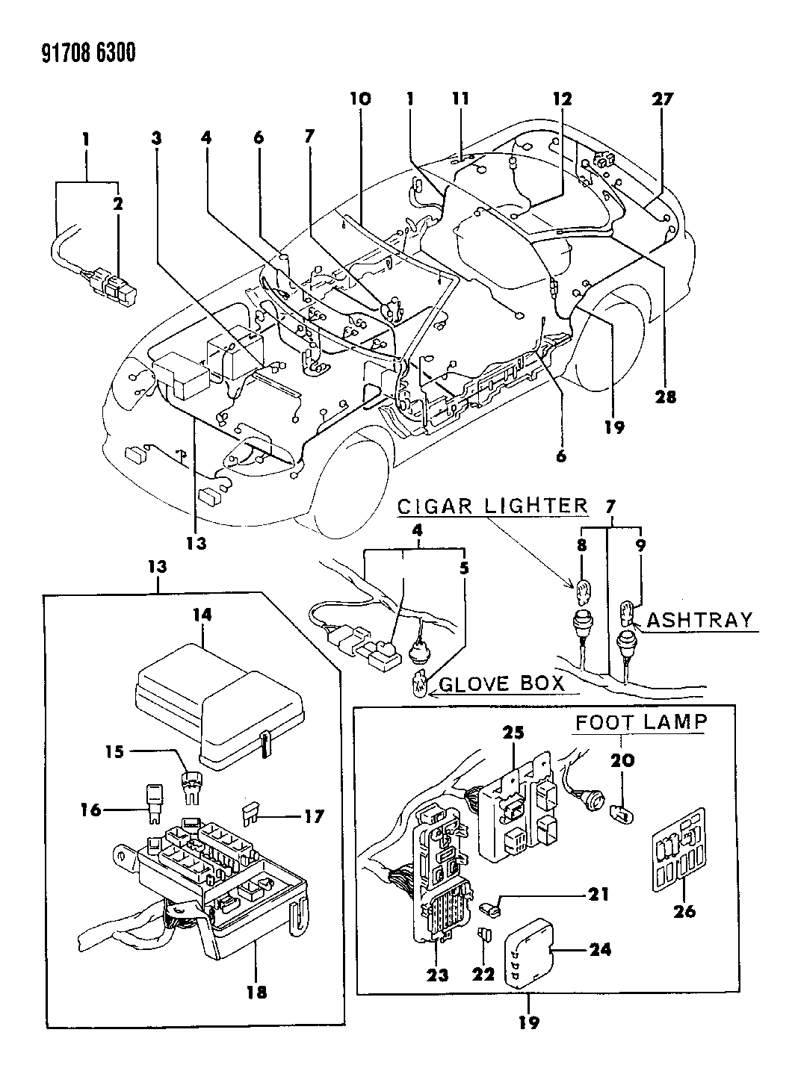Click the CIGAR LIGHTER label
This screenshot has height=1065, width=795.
[x=492, y=506]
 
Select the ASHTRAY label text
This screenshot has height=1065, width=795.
[x=699, y=620]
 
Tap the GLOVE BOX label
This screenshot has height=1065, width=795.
[x=501, y=684]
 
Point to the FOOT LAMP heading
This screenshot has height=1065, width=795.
[x=640, y=722]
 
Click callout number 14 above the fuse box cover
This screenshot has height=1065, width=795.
[x=202, y=615]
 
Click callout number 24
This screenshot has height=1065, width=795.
[x=600, y=949]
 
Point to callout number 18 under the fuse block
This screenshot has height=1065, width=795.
[x=256, y=993]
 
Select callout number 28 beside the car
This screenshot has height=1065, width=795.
[x=665, y=397]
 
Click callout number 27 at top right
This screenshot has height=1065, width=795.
[x=663, y=99]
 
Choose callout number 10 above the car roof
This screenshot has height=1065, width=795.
[x=359, y=99]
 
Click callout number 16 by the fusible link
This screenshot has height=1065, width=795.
[x=91, y=809]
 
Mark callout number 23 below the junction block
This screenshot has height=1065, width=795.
[x=438, y=974]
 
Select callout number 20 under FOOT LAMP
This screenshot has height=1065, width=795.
[x=622, y=760]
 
